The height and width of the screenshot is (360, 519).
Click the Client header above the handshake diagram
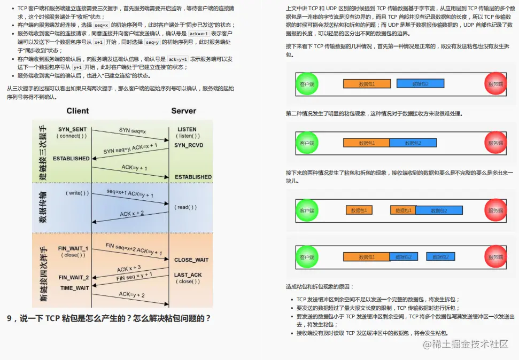(x=78, y=111)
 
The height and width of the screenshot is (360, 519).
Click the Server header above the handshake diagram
(x=183, y=111)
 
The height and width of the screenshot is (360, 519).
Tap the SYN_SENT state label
(x=73, y=129)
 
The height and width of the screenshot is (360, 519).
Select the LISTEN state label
(x=187, y=129)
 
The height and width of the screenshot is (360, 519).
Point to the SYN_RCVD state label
(x=188, y=145)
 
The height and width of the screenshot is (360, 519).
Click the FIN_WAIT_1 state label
(x=73, y=248)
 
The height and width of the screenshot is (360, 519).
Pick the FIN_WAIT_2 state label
(x=74, y=277)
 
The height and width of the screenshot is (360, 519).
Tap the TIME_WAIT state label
(x=74, y=288)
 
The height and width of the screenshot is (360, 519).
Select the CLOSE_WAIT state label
(x=191, y=260)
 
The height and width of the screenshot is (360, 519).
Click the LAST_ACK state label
(x=188, y=275)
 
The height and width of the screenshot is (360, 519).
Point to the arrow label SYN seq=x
(x=133, y=130)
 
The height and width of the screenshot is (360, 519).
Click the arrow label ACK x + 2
(x=131, y=214)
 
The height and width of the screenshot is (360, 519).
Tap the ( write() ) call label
(x=78, y=192)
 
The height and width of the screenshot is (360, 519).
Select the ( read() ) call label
(x=185, y=207)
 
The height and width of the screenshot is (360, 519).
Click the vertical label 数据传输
(x=43, y=208)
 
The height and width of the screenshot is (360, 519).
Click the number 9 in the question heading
(x=10, y=318)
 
